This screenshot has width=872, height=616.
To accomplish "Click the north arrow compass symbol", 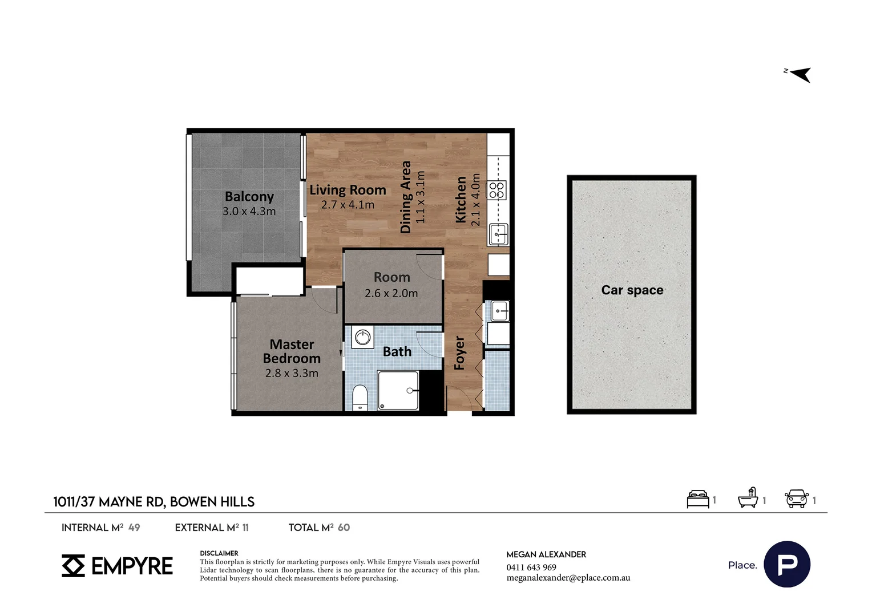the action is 799,74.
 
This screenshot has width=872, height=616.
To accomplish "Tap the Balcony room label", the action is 249,197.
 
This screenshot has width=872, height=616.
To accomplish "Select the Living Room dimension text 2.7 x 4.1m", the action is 348,205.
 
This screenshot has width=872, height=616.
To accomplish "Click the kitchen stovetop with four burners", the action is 497,191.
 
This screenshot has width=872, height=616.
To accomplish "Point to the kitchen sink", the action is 499,234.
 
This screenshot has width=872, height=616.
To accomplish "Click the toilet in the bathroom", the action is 360,398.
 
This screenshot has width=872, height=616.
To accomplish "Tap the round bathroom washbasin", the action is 363,337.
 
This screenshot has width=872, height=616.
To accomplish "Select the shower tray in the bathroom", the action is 398,390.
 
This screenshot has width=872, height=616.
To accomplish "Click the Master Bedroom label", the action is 292,351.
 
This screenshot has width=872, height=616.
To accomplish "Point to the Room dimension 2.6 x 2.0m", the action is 391,293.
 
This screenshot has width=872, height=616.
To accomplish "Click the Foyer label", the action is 460,352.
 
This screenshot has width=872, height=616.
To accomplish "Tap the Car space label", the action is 632,290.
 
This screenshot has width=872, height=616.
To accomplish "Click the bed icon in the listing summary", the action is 697,499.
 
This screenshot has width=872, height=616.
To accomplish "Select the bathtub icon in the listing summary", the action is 748,498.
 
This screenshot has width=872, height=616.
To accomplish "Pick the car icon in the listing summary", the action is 797,499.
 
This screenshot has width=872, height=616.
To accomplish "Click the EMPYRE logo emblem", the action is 73,565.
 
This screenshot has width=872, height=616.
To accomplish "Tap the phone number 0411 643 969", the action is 531,568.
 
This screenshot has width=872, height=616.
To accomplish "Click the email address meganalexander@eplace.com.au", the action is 568,578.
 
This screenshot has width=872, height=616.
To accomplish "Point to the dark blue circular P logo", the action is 787,564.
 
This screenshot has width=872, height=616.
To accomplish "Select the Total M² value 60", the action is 344,527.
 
